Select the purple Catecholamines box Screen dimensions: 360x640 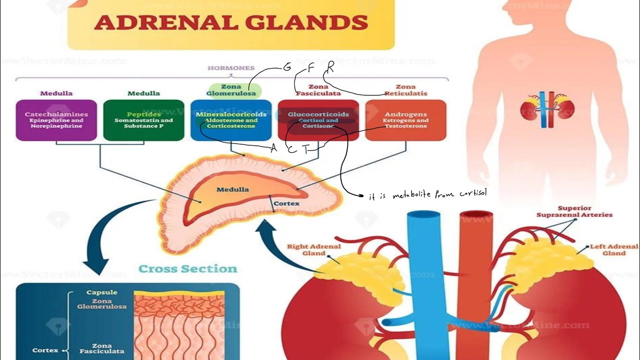tap(56, 120)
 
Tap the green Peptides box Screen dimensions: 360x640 tap(143, 120)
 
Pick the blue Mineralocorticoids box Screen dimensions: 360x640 tap(231, 120)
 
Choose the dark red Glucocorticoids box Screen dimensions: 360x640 tap(318, 120)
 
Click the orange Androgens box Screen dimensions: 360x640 tap(405, 120)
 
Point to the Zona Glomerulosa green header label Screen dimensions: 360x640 tap(231, 90)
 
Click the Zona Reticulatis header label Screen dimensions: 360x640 tap(405, 90)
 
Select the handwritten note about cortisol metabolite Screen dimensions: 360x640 tap(427, 194)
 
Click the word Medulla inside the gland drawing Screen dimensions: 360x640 tap(232, 189)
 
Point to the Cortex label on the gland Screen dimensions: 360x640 tap(286, 203)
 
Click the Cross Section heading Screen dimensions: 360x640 tap(187, 269)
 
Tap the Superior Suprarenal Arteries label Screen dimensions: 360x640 tap(574, 211)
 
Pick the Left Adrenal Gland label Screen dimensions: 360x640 tap(613, 250)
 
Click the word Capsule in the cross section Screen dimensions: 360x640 tap(102, 292)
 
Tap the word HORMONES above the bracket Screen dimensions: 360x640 tap(231, 68)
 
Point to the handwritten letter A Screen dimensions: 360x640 tap(273, 148)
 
